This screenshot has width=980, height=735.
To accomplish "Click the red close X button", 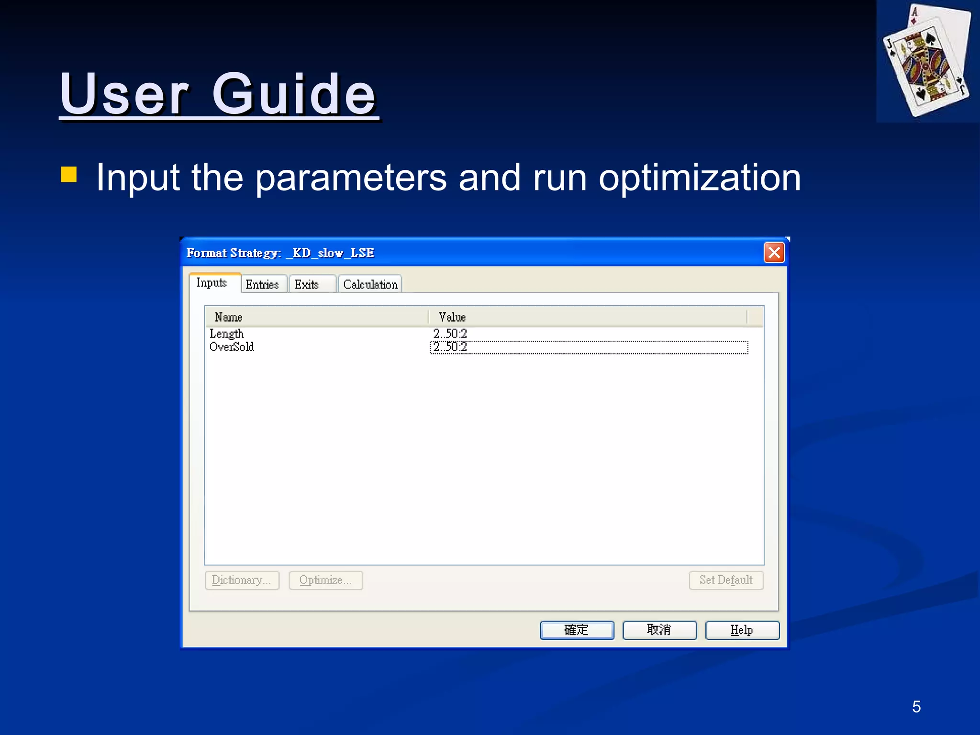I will point(774,253).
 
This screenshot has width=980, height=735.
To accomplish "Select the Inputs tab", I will point(212,283).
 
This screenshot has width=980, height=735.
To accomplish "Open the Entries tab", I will point(262,285).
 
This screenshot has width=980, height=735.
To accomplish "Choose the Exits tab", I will point(307,285).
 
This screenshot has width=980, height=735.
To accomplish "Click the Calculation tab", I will point(370,285).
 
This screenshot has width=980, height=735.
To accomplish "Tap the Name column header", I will point(229,317).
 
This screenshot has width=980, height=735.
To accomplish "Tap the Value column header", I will point(452,317).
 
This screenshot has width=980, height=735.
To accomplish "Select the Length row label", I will point(227,334).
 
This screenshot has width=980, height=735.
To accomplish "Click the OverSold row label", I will point(232,347).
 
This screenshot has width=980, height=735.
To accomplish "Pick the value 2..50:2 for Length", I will point(450,334).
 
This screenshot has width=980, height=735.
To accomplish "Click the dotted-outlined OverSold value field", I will point(589,347).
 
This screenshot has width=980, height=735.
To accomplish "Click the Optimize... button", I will point(325,580).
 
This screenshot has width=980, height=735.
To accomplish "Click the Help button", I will point(742,630).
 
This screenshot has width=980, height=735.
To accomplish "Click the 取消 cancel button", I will point(659,630).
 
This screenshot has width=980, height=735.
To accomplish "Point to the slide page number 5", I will point(916,707).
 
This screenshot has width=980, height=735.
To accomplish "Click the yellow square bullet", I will point(69,175).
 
